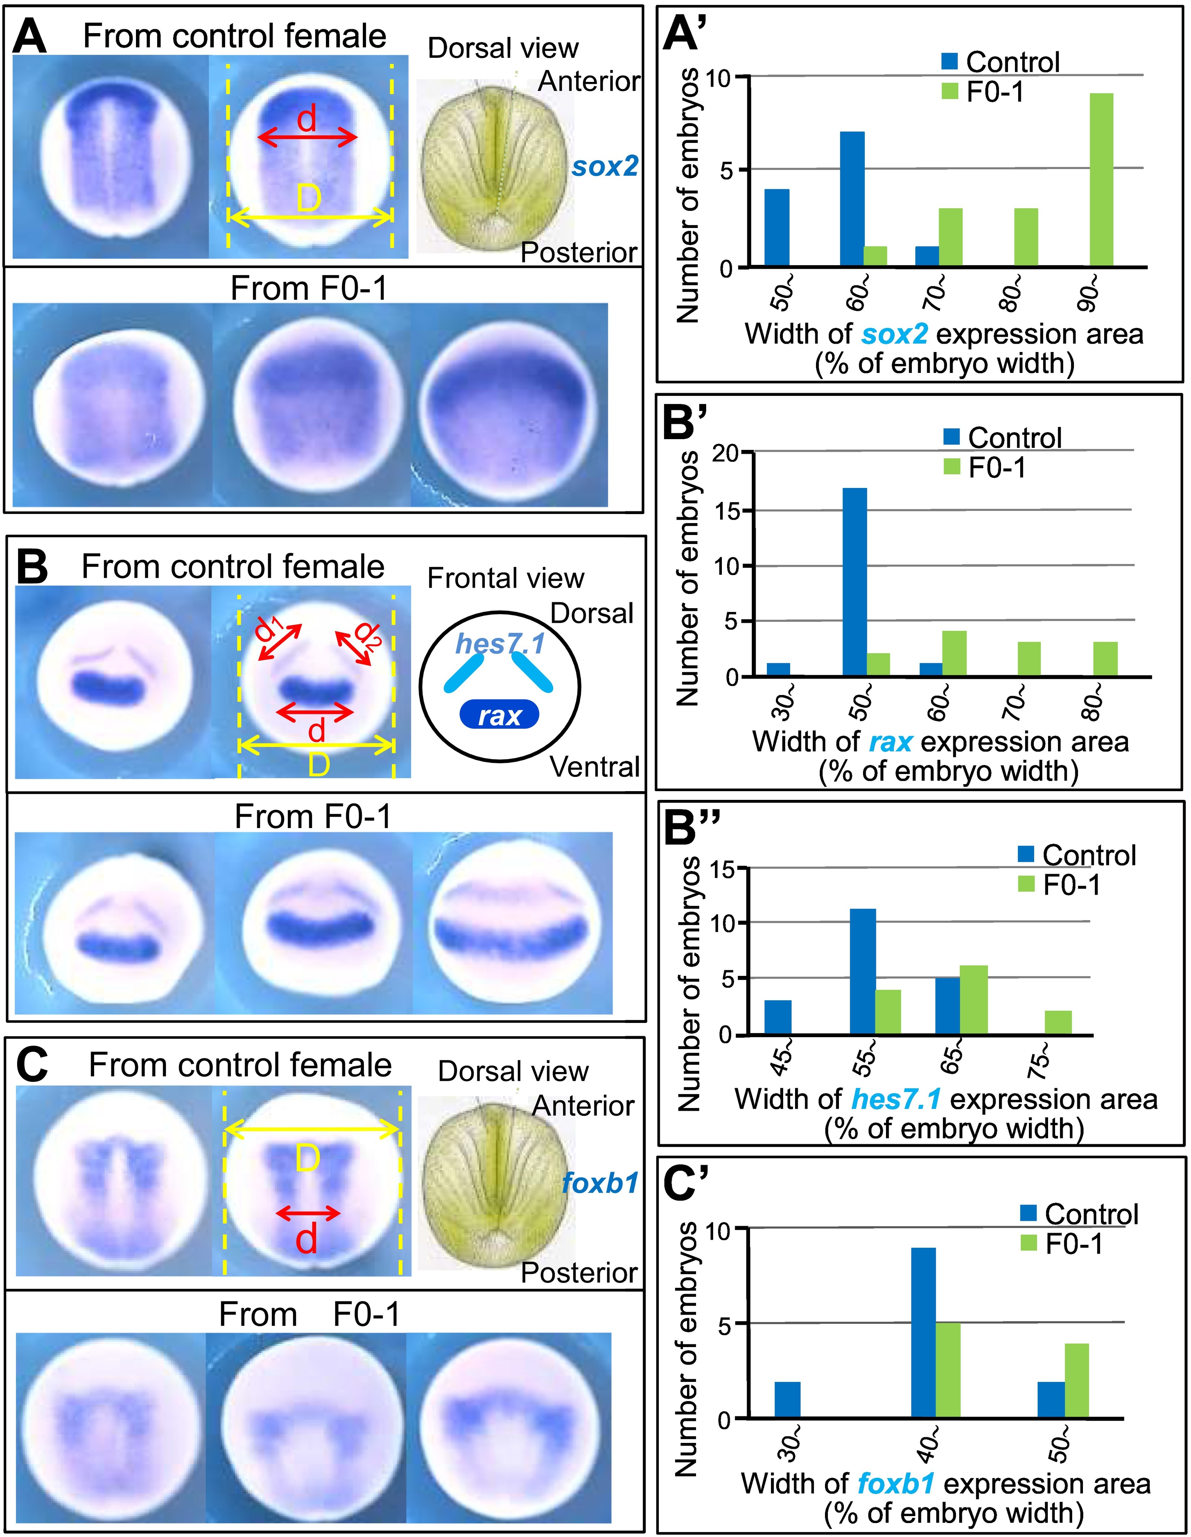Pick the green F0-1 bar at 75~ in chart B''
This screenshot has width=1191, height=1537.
coord(1058,1023)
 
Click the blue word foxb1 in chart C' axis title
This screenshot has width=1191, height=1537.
coord(895,1484)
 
